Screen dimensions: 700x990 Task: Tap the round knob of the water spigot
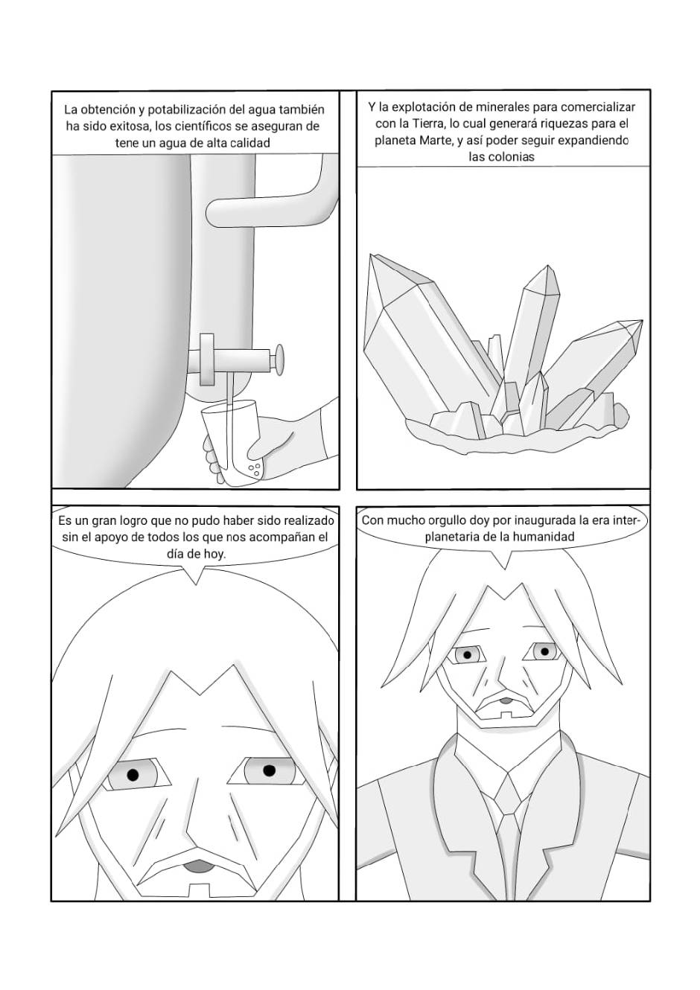(x=279, y=360)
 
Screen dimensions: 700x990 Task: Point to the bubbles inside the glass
(x=255, y=470)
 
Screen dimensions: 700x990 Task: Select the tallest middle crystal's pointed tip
(x=548, y=265)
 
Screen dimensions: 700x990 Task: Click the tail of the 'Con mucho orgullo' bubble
(x=504, y=561)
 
